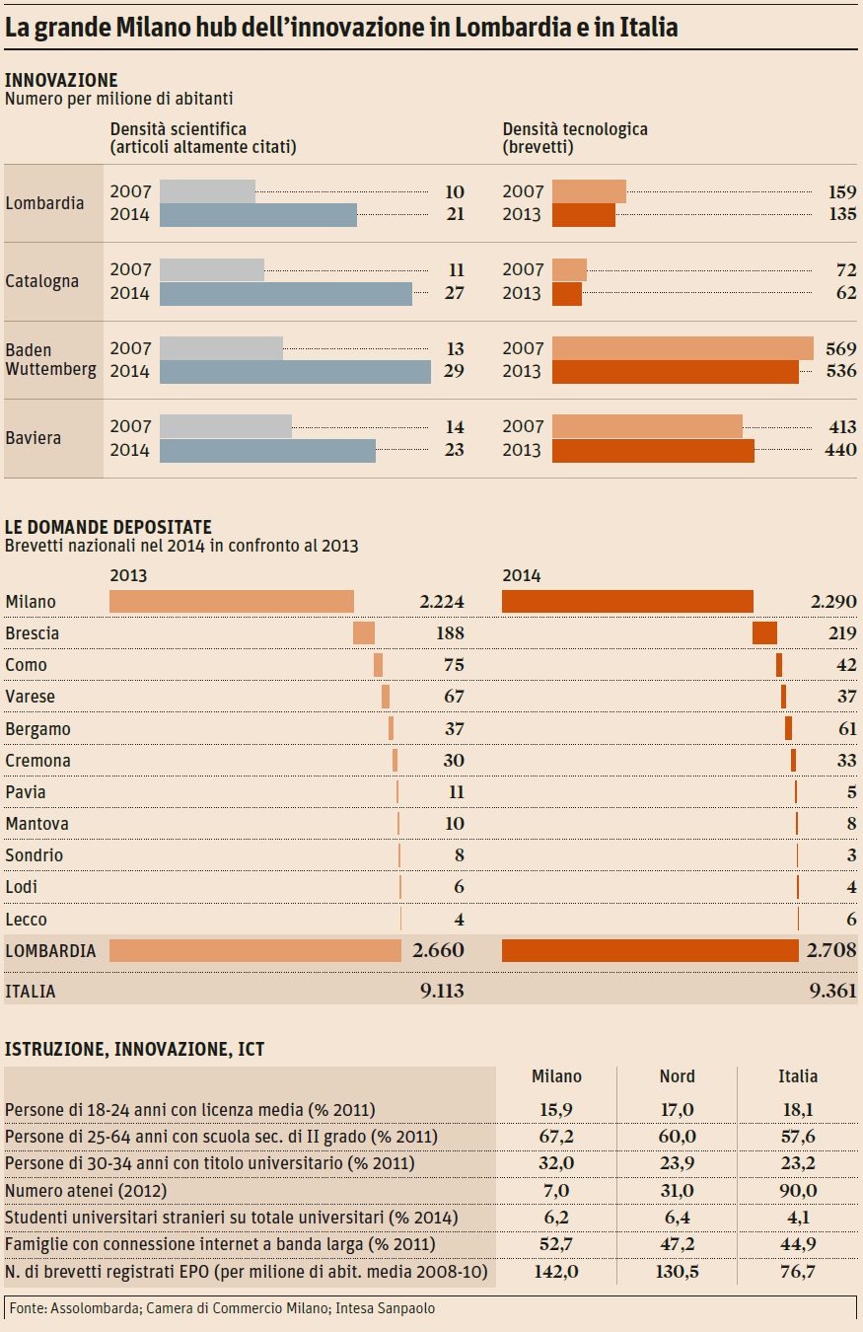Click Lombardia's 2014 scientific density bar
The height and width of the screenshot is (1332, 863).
[x=257, y=215]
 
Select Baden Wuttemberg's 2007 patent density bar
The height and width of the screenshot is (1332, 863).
[x=683, y=348]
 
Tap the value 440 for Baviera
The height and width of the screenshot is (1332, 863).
[x=841, y=450]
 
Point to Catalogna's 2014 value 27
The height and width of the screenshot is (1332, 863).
[x=454, y=293]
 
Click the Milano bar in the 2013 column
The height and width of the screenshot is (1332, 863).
[x=231, y=601]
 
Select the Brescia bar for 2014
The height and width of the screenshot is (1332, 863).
[x=764, y=633]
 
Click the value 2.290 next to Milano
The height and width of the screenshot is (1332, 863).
[x=832, y=602]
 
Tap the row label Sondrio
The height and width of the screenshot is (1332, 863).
[x=35, y=855]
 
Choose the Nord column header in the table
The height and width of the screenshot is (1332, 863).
[x=677, y=1076]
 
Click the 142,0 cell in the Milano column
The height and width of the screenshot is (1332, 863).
[x=556, y=1272]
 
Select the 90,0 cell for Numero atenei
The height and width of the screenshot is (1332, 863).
[x=798, y=1191]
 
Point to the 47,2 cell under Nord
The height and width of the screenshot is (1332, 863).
[x=677, y=1244]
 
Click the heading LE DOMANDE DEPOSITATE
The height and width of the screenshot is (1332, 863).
[x=108, y=528]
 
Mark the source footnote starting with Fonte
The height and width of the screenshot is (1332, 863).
[x=222, y=1308]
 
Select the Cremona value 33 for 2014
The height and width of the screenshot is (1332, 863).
[x=845, y=761]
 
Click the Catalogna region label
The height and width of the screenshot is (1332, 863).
[x=41, y=281]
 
